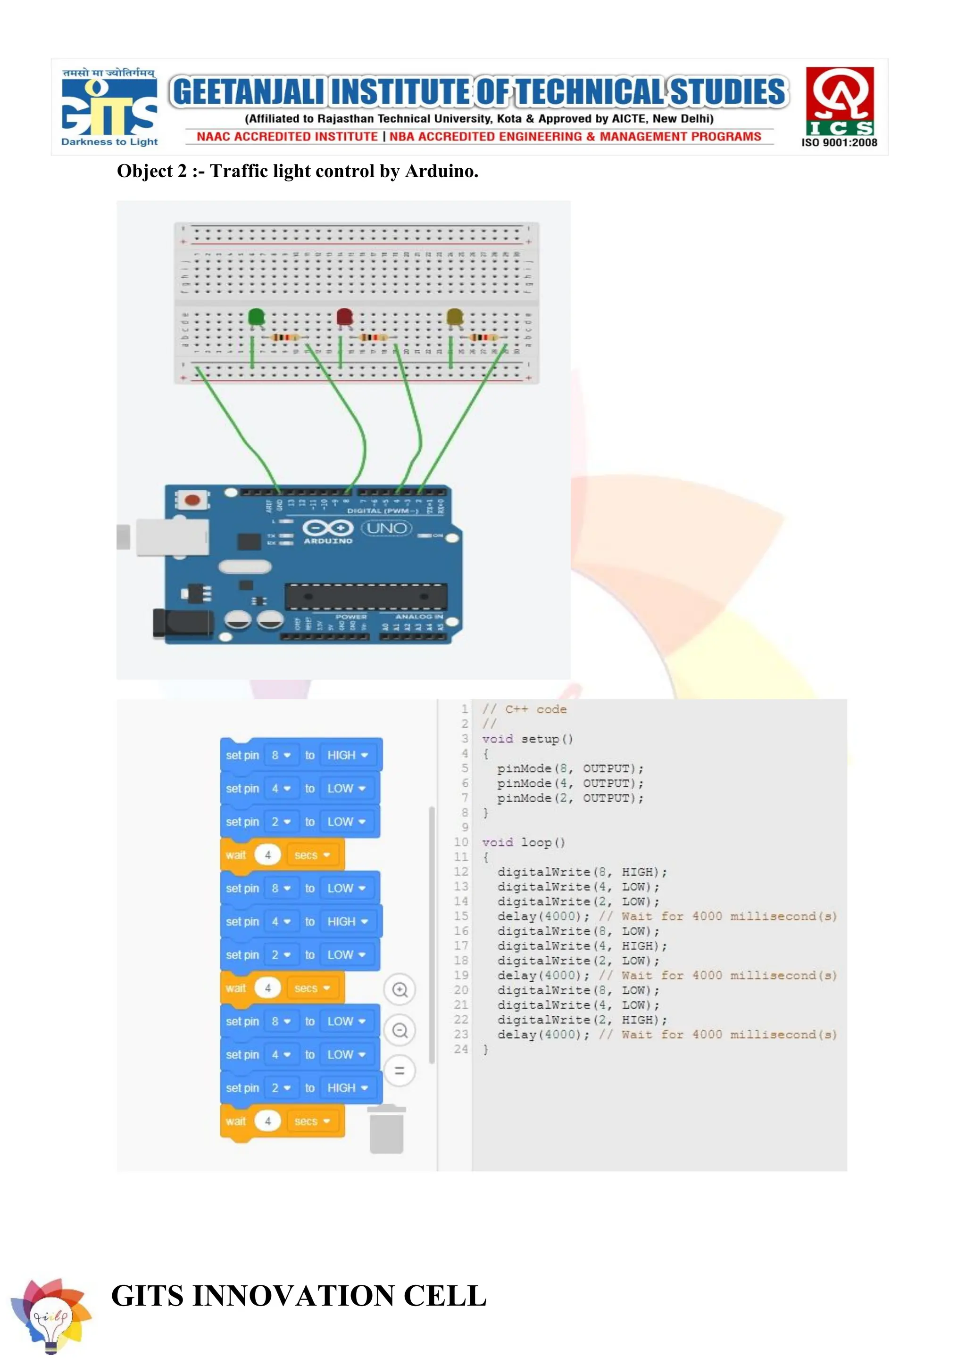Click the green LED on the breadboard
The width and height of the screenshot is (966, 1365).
[x=256, y=317]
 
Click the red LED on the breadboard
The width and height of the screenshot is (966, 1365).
[x=344, y=317]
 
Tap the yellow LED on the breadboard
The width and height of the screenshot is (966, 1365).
[x=454, y=317]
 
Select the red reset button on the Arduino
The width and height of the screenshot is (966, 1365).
[x=192, y=500]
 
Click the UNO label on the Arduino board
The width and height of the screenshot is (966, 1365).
[x=387, y=528]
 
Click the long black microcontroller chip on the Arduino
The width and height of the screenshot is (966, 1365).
[x=366, y=596]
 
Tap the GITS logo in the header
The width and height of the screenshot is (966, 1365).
[x=109, y=107]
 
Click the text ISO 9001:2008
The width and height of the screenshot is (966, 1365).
[x=839, y=143]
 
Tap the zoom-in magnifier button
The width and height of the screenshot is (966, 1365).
[x=400, y=990]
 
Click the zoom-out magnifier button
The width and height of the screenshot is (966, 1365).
[x=400, y=1030]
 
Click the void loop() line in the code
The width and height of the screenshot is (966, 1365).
[x=524, y=842]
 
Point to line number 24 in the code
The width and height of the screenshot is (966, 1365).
[x=461, y=1049]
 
